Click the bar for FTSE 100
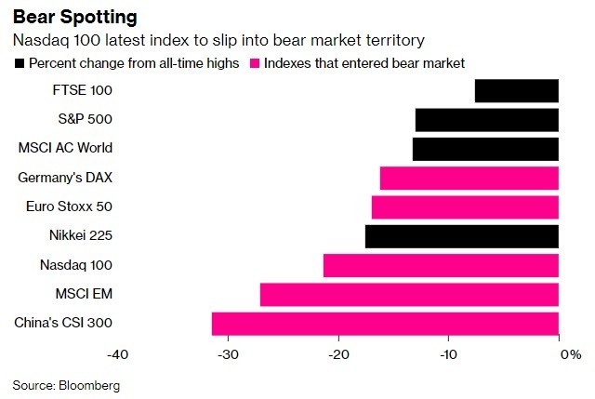click(516, 91)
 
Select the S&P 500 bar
click(486, 120)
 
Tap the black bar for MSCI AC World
click(485, 149)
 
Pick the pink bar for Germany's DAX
click(469, 178)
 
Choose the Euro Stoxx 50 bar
click(465, 206)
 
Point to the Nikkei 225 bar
click(461, 236)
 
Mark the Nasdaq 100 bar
click(441, 265)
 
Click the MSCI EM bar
click(409, 294)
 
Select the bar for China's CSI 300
click(385, 324)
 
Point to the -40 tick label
click(117, 354)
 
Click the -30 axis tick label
click(228, 354)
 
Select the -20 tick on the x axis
click(338, 354)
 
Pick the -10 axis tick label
click(448, 354)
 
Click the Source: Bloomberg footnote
click(66, 384)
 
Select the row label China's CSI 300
click(78, 324)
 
